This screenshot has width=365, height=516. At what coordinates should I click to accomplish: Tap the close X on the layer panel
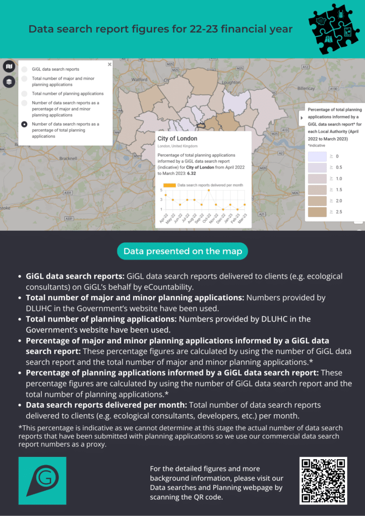click(x=109, y=64)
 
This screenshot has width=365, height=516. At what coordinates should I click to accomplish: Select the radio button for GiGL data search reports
click(x=24, y=69)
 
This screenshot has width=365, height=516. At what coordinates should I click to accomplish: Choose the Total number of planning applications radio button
click(x=24, y=94)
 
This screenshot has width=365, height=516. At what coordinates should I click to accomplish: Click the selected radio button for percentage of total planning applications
click(x=24, y=124)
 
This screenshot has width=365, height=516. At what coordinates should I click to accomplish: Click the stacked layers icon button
click(x=9, y=81)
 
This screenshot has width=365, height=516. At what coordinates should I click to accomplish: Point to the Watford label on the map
click(x=139, y=80)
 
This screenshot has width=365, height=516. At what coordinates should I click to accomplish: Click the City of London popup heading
click(x=177, y=139)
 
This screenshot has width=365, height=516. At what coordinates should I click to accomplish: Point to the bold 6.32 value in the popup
click(x=192, y=173)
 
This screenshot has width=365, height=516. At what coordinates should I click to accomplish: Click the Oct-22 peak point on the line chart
click(x=209, y=190)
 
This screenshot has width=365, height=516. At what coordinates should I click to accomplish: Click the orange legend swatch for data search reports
click(x=169, y=185)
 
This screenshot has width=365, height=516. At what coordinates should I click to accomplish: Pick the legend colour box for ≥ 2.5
click(x=317, y=212)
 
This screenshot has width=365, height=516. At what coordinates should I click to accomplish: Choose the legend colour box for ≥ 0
click(x=317, y=157)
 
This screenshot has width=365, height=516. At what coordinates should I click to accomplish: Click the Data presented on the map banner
click(x=182, y=251)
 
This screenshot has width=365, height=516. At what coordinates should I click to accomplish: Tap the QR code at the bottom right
click(x=323, y=480)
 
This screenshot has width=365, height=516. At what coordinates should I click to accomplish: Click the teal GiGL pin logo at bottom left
click(x=42, y=480)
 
